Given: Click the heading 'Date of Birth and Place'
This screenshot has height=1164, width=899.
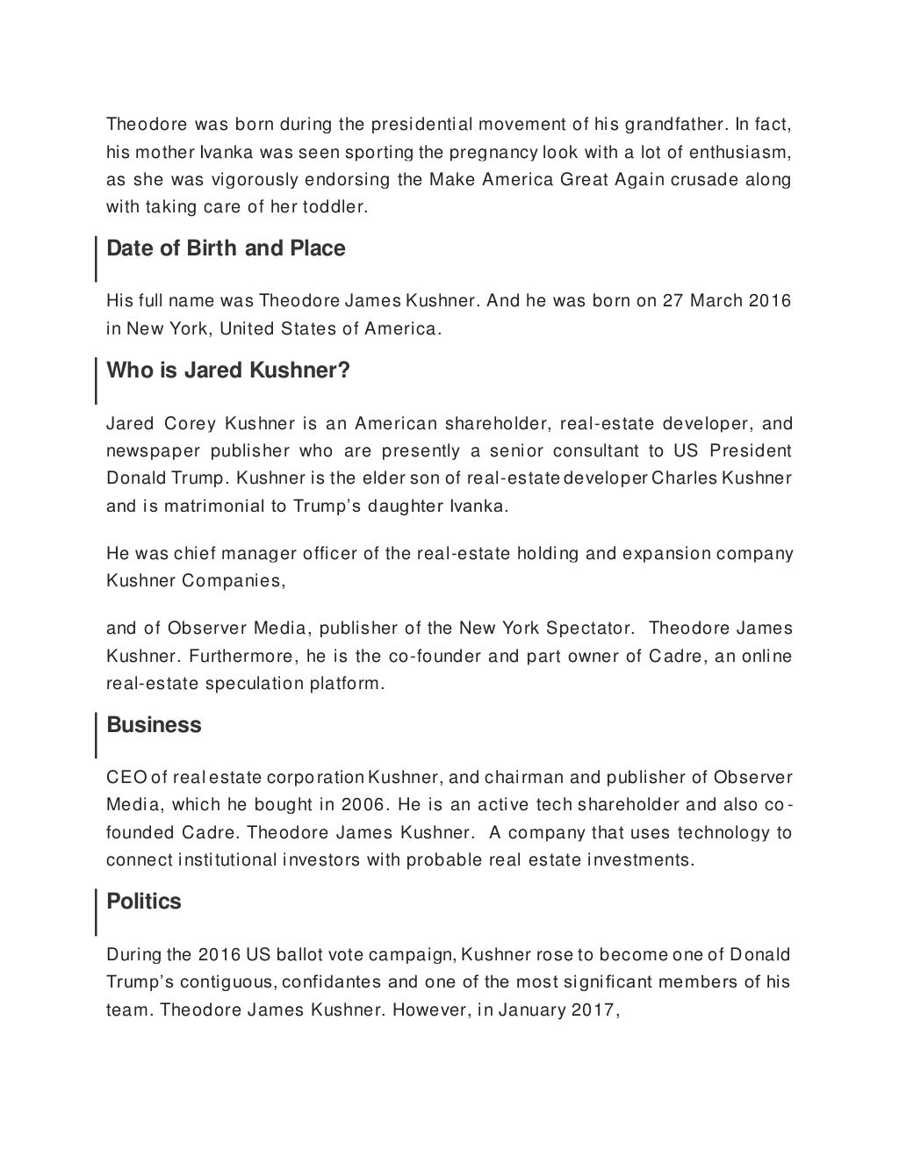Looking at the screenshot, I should [226, 248].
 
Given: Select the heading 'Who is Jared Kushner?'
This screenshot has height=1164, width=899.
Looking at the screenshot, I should [227, 370].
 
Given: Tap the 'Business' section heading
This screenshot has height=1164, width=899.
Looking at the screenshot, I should [154, 725].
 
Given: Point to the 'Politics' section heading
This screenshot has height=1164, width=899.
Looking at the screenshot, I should [144, 902].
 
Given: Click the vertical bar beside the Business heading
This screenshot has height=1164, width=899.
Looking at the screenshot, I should [96, 736].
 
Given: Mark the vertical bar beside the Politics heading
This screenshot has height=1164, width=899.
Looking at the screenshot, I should [96, 912].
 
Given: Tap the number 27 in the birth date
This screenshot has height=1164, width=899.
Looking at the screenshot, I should [673, 301].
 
